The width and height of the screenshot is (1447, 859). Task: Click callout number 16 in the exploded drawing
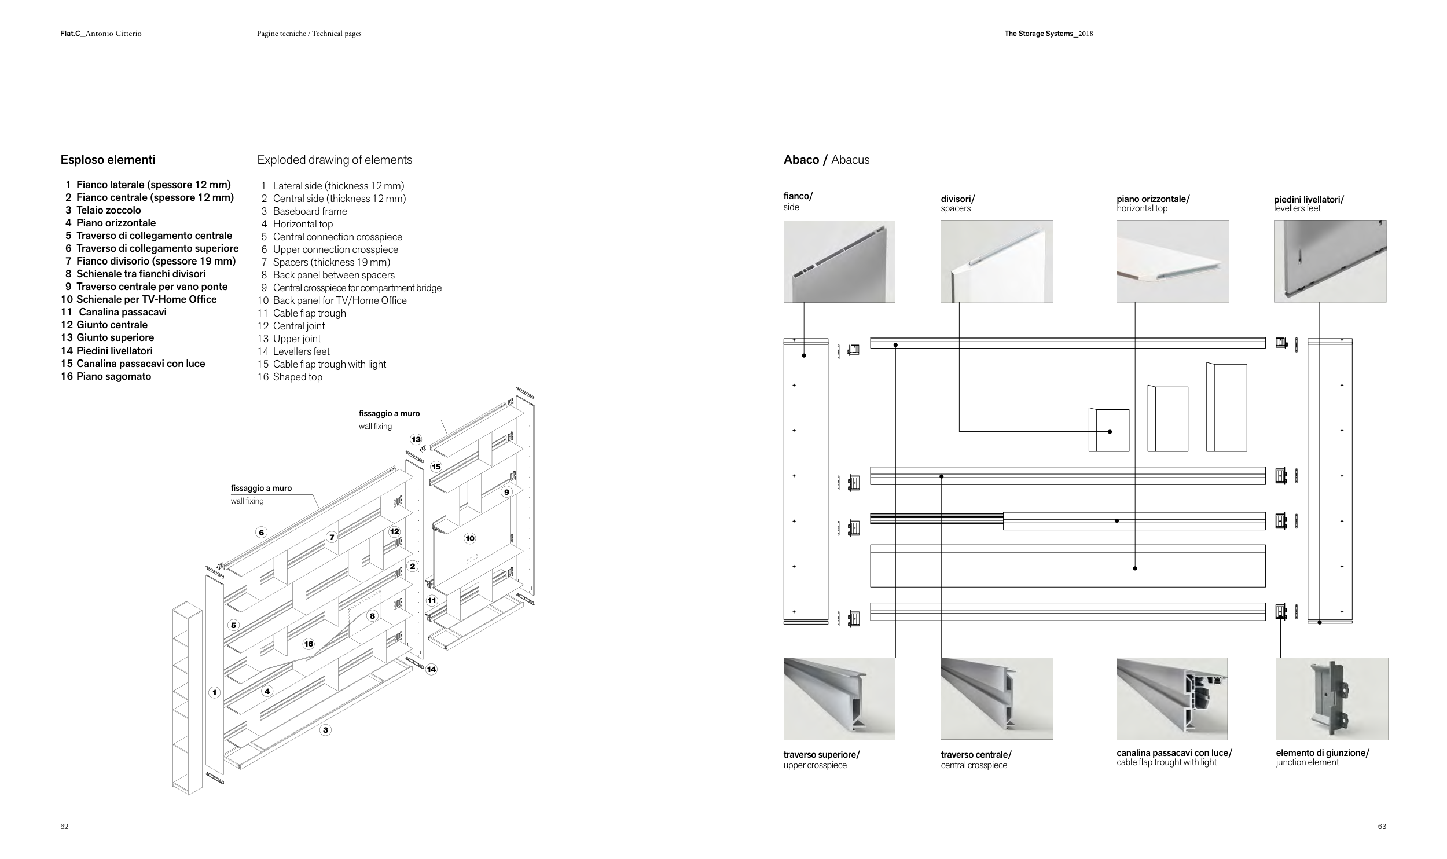(309, 644)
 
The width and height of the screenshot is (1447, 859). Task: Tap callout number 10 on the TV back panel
(469, 538)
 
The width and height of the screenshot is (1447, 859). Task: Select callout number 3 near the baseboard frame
(325, 730)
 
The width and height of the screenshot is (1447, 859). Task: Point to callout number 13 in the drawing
(416, 439)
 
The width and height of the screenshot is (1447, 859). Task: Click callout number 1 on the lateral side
(214, 692)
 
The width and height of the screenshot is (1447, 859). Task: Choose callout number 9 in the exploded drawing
(506, 492)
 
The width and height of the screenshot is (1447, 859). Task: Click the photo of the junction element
(1331, 698)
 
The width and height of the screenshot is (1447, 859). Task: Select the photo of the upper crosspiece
(839, 698)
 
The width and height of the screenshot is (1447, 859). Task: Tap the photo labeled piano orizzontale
(1172, 261)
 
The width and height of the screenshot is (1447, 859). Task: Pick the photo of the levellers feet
(1330, 261)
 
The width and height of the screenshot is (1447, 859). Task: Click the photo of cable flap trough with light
(1171, 698)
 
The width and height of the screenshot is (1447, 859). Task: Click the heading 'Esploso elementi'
(108, 160)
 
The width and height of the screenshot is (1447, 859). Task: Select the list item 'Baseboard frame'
(310, 211)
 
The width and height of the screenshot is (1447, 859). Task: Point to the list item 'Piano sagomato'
(113, 376)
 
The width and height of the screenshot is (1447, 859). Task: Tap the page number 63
(1382, 826)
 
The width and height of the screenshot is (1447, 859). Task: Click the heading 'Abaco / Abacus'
(826, 160)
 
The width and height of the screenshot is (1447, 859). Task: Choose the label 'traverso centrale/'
(976, 754)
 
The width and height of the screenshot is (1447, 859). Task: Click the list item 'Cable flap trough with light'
(329, 364)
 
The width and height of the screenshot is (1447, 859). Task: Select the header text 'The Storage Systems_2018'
(1048, 34)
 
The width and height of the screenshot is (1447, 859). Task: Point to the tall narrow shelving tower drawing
(187, 698)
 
